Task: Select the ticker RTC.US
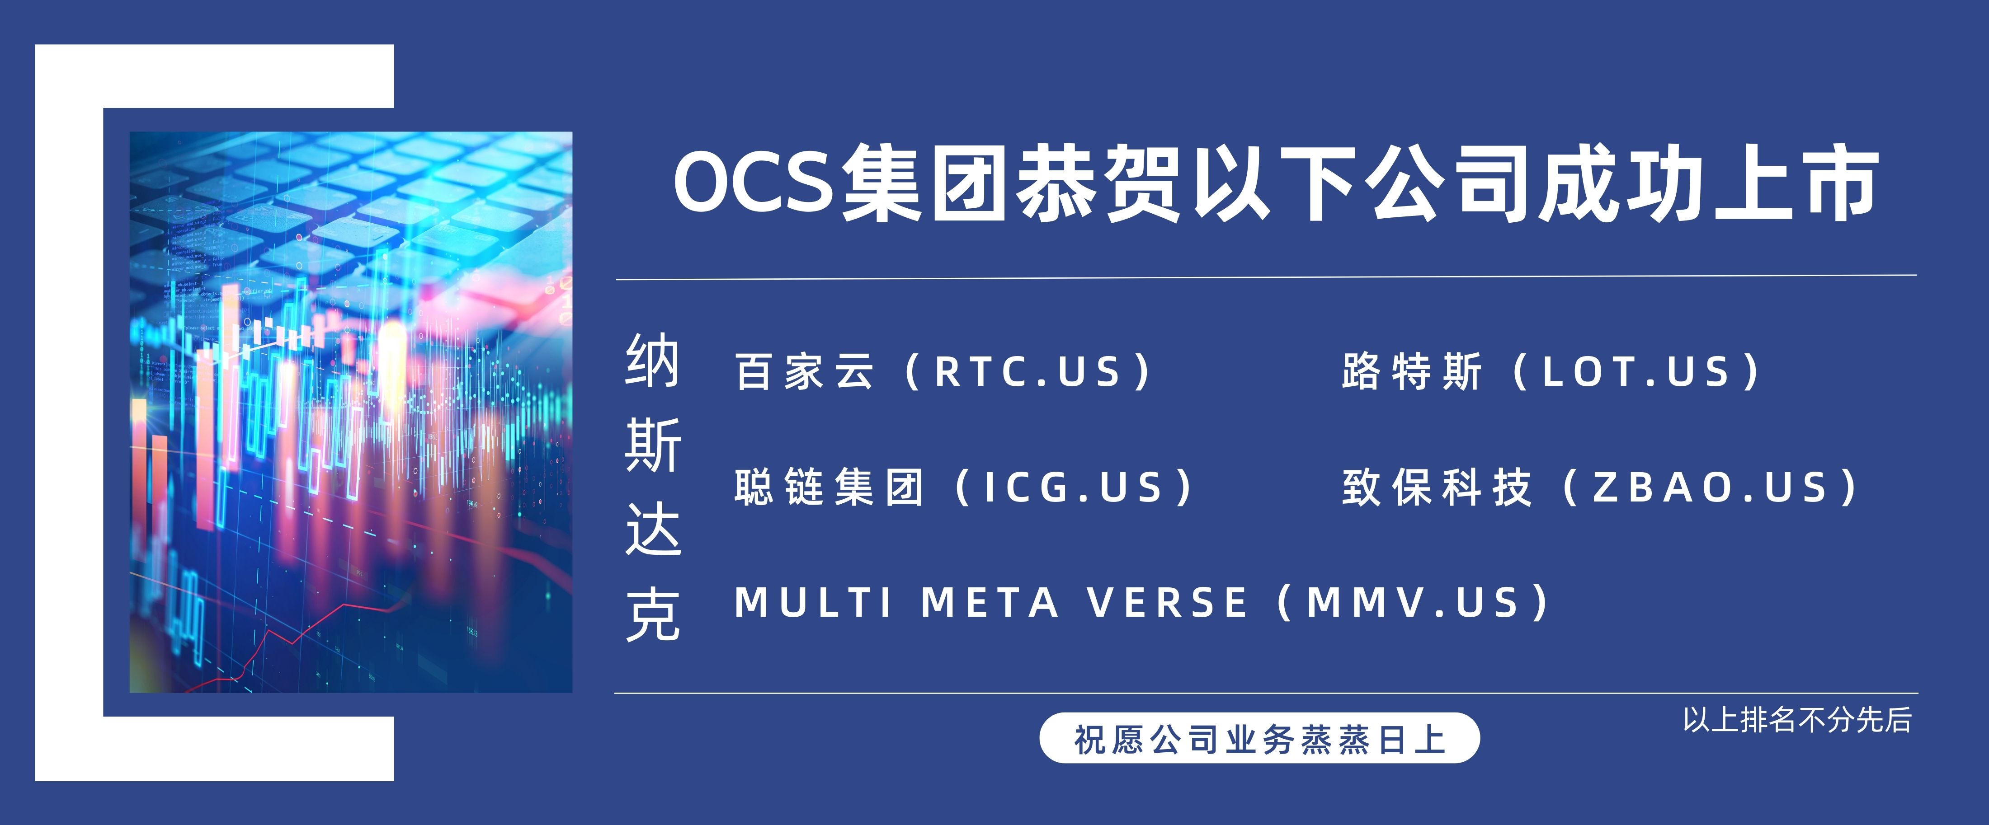[1027, 372]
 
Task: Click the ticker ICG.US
[1073, 488]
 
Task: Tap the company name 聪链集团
[829, 488]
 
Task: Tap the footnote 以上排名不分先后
[1797, 720]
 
